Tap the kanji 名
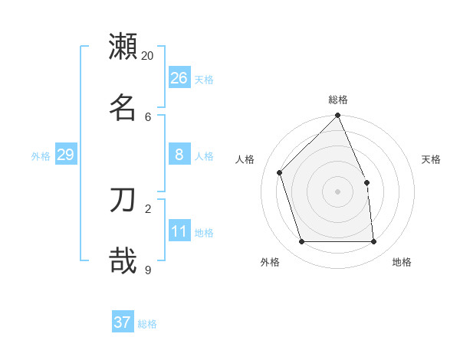coord(123,107)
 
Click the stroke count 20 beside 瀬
coord(147,56)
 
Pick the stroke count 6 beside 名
coord(148,116)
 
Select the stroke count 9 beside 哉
coord(148,270)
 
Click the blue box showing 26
coord(179,78)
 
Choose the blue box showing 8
coord(179,155)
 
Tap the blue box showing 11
coord(179,231)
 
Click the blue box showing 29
coord(65,155)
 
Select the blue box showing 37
coord(123,322)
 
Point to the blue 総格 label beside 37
coord(147,324)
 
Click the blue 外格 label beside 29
coord(41,156)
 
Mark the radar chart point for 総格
coord(337,116)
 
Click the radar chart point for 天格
coord(366,182)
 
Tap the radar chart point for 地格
coord(373,241)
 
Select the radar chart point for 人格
coord(280,172)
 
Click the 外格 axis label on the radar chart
coord(270,262)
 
